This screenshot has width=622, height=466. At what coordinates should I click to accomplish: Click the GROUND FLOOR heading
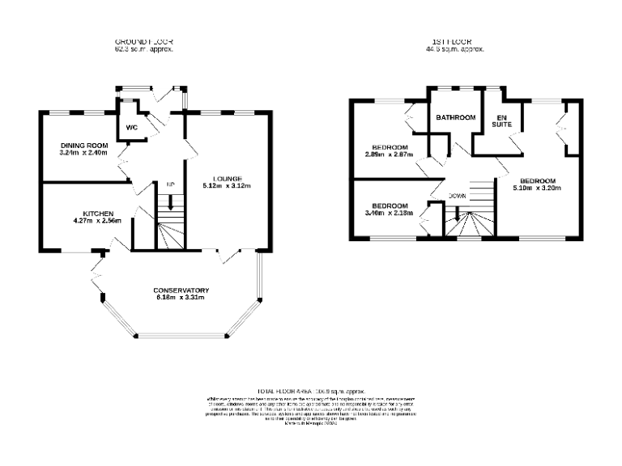144,41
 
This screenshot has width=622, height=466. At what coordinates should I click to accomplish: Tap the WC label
131,128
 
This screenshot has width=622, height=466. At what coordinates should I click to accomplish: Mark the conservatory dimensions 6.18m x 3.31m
181,298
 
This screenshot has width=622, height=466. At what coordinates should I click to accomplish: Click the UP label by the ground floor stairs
170,185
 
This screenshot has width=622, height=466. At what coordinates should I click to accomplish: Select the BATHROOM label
455,118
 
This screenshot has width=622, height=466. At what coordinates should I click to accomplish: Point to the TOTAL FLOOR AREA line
311,390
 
